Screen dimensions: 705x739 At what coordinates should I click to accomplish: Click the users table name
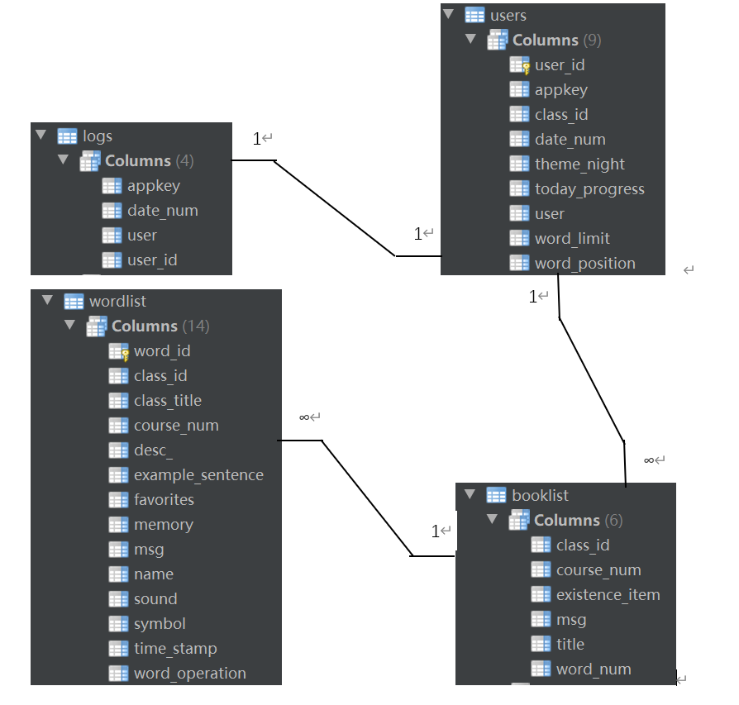[x=508, y=16]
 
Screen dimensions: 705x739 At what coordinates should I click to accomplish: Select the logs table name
[x=98, y=136]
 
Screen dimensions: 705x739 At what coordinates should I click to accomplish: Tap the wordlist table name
[x=117, y=302]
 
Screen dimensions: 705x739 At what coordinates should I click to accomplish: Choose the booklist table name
[x=540, y=496]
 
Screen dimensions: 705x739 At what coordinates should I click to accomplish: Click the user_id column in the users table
[x=560, y=65]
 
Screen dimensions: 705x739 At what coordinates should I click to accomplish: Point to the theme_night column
[x=579, y=164]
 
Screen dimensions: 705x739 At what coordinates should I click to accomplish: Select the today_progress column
[x=589, y=189]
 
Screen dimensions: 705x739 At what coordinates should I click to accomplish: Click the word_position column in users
[x=584, y=264]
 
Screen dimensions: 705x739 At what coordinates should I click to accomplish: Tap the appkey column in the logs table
[x=154, y=186]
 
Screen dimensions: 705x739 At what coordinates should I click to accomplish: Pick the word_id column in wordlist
[x=162, y=351]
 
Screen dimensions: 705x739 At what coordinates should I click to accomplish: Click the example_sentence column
[x=198, y=475]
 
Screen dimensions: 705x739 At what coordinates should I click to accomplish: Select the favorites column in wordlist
[x=164, y=500]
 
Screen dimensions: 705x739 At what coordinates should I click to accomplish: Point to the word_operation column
[x=189, y=674]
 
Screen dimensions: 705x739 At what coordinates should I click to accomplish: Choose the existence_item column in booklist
[x=608, y=595]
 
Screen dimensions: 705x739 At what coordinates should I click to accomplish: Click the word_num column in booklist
[x=594, y=669]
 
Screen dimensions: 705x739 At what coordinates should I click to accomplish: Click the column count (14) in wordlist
[x=196, y=326]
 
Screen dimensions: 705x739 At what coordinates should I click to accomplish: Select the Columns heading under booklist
[x=566, y=521]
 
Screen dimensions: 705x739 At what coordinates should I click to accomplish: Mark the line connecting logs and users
[x=335, y=208]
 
